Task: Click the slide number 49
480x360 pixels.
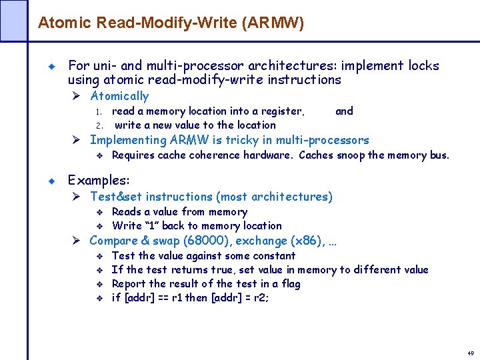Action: (x=470, y=353)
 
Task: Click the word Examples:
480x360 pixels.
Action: (x=99, y=181)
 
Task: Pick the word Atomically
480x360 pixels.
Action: (x=119, y=96)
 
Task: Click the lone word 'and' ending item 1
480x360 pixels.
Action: (x=344, y=111)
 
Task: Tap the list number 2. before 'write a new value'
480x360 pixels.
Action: (x=98, y=125)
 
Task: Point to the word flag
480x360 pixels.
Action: (x=290, y=284)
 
